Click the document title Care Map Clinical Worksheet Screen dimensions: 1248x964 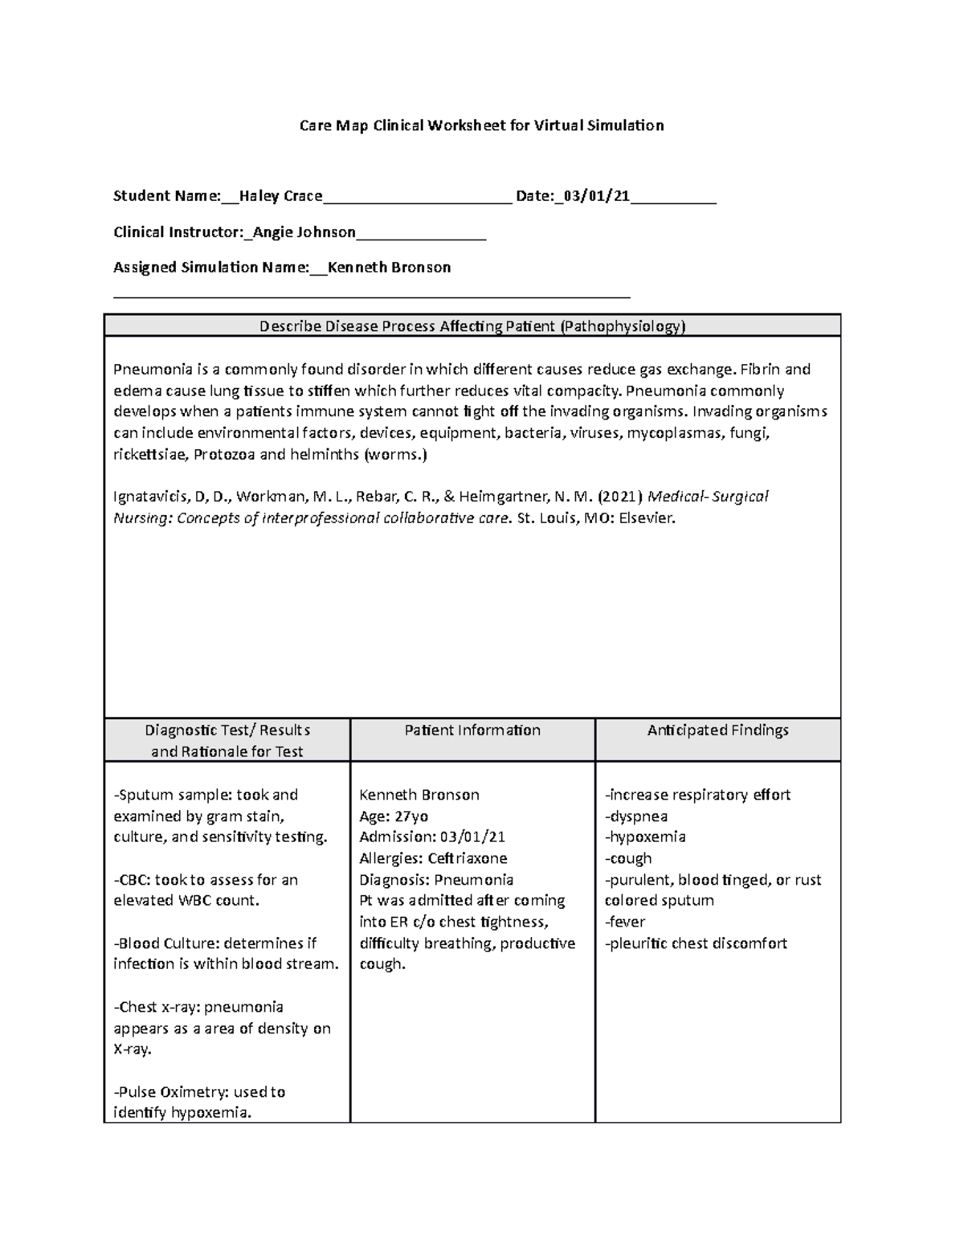click(481, 125)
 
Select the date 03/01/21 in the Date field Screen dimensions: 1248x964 click(596, 196)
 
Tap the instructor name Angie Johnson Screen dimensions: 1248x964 click(304, 232)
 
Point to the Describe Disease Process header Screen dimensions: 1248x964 click(472, 326)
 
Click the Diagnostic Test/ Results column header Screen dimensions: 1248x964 click(227, 740)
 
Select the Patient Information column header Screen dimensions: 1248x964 click(472, 730)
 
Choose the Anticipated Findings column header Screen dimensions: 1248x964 click(717, 730)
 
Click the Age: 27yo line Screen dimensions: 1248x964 click(394, 816)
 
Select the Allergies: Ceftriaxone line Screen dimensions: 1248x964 click(433, 858)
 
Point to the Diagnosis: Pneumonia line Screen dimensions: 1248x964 click(436, 880)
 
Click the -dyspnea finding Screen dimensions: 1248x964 click(636, 816)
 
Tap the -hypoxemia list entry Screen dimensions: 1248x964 click(645, 837)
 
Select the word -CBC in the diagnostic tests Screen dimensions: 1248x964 click(130, 880)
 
